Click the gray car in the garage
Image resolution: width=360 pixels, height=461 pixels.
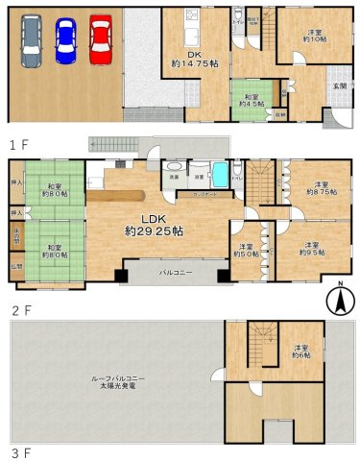pyautogui.click(x=31, y=41)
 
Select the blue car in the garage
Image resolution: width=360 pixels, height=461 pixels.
pyautogui.click(x=65, y=40)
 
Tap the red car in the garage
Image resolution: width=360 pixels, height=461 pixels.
pyautogui.click(x=101, y=39)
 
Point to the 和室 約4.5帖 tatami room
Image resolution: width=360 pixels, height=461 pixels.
pyautogui.click(x=252, y=101)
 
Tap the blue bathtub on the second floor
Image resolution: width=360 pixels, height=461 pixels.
pyautogui.click(x=219, y=177)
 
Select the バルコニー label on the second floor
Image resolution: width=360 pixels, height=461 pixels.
pyautogui.click(x=172, y=272)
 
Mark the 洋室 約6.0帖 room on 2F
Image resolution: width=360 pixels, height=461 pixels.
pyautogui.click(x=246, y=251)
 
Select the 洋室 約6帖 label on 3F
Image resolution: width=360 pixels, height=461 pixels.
pyautogui.click(x=301, y=352)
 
